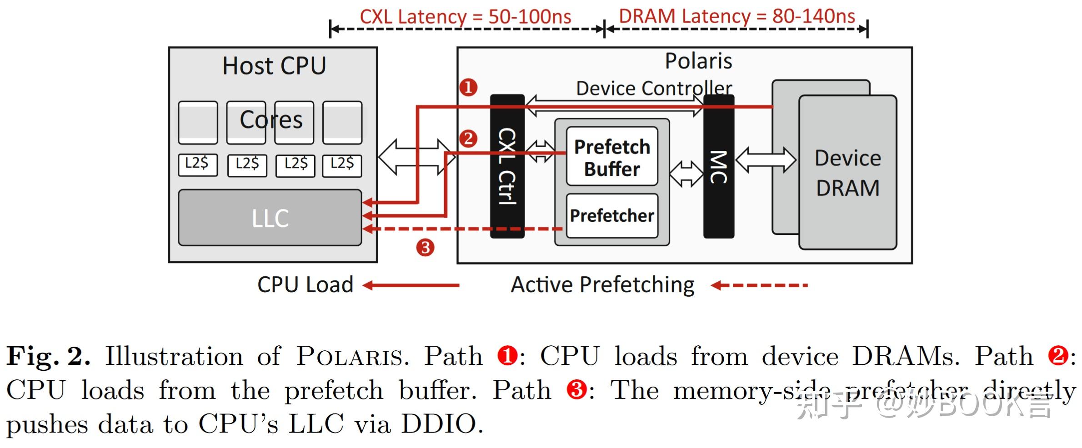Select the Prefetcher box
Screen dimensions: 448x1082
click(x=611, y=215)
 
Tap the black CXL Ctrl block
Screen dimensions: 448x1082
click(x=507, y=166)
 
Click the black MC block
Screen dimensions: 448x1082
click(x=718, y=166)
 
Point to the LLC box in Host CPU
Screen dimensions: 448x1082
click(x=270, y=218)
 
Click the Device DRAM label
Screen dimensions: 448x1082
click(x=847, y=173)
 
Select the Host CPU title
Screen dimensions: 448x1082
click(x=274, y=66)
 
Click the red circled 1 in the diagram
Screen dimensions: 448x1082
click(x=468, y=87)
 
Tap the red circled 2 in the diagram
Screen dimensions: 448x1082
click(x=468, y=139)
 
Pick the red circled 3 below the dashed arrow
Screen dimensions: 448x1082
click(x=425, y=248)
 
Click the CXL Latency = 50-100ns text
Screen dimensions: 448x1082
click(x=465, y=17)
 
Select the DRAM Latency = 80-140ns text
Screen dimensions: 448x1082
click(x=736, y=16)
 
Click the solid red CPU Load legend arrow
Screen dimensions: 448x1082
click(x=411, y=285)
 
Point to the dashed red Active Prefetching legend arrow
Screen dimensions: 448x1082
click(x=759, y=285)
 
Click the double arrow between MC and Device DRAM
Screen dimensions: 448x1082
click(x=766, y=160)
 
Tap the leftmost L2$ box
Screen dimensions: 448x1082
click(x=197, y=164)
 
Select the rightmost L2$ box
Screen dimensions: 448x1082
click(x=342, y=164)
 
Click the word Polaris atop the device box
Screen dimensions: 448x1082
click(x=698, y=61)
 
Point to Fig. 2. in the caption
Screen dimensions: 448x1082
click(x=48, y=356)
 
